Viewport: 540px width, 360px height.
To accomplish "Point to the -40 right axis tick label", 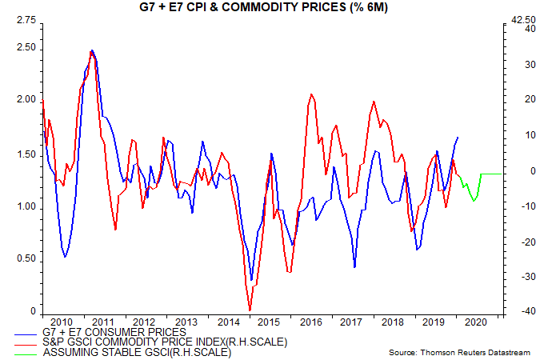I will [x=518, y=312].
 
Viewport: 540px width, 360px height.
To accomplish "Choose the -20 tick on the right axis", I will [x=518, y=242].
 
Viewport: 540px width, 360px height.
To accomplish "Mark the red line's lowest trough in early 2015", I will [x=250, y=310].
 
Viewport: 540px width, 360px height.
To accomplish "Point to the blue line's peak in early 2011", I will [x=92, y=50].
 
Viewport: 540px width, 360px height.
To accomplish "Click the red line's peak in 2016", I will [x=311, y=94].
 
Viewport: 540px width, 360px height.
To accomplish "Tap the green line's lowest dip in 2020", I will [x=474, y=200].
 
